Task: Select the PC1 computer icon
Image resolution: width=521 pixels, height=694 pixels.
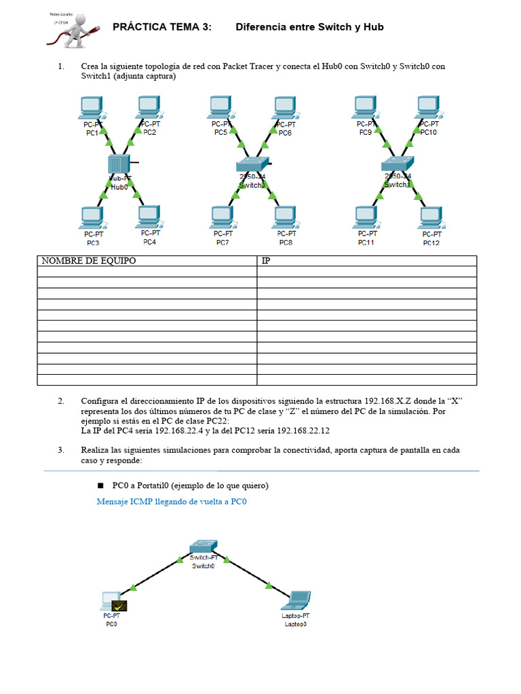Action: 90,107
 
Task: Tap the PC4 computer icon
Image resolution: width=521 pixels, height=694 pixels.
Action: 149,217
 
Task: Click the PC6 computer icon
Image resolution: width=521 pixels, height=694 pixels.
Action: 284,107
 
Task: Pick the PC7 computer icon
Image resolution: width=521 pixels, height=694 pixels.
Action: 222,218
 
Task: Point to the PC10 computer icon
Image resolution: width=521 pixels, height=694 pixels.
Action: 427,106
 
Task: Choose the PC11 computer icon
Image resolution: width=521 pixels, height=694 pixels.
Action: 366,218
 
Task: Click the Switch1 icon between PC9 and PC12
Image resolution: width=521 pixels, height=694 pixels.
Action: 396,163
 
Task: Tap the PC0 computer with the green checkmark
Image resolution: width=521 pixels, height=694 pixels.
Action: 112,600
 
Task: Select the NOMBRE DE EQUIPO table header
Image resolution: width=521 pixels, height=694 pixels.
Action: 89,261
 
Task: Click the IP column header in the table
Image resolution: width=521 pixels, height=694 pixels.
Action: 266,261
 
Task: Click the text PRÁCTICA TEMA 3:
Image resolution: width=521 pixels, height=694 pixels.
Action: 161,27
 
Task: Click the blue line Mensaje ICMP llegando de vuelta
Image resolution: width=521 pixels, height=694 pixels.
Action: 172,502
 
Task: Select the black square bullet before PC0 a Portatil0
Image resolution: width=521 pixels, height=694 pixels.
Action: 100,486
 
